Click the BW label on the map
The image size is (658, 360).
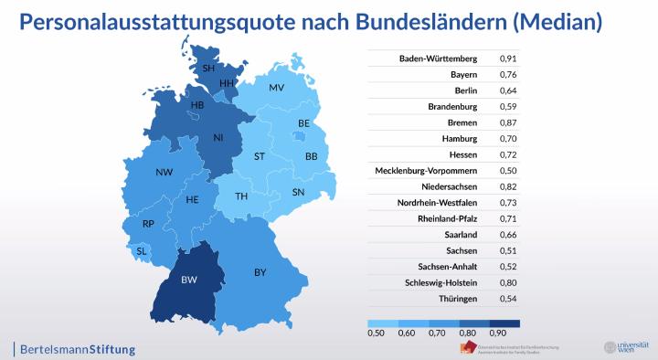(190, 280)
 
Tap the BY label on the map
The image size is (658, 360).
(260, 272)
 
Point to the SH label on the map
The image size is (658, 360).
(208, 69)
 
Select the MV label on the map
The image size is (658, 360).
(276, 88)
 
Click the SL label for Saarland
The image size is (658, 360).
(141, 250)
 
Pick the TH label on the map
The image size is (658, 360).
(241, 196)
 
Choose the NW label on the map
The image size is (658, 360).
(164, 173)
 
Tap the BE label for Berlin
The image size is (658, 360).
(304, 123)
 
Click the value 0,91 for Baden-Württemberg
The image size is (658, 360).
(508, 58)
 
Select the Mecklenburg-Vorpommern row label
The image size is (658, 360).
(433, 171)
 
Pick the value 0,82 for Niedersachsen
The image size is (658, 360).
(508, 186)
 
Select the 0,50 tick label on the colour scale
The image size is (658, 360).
(376, 334)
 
